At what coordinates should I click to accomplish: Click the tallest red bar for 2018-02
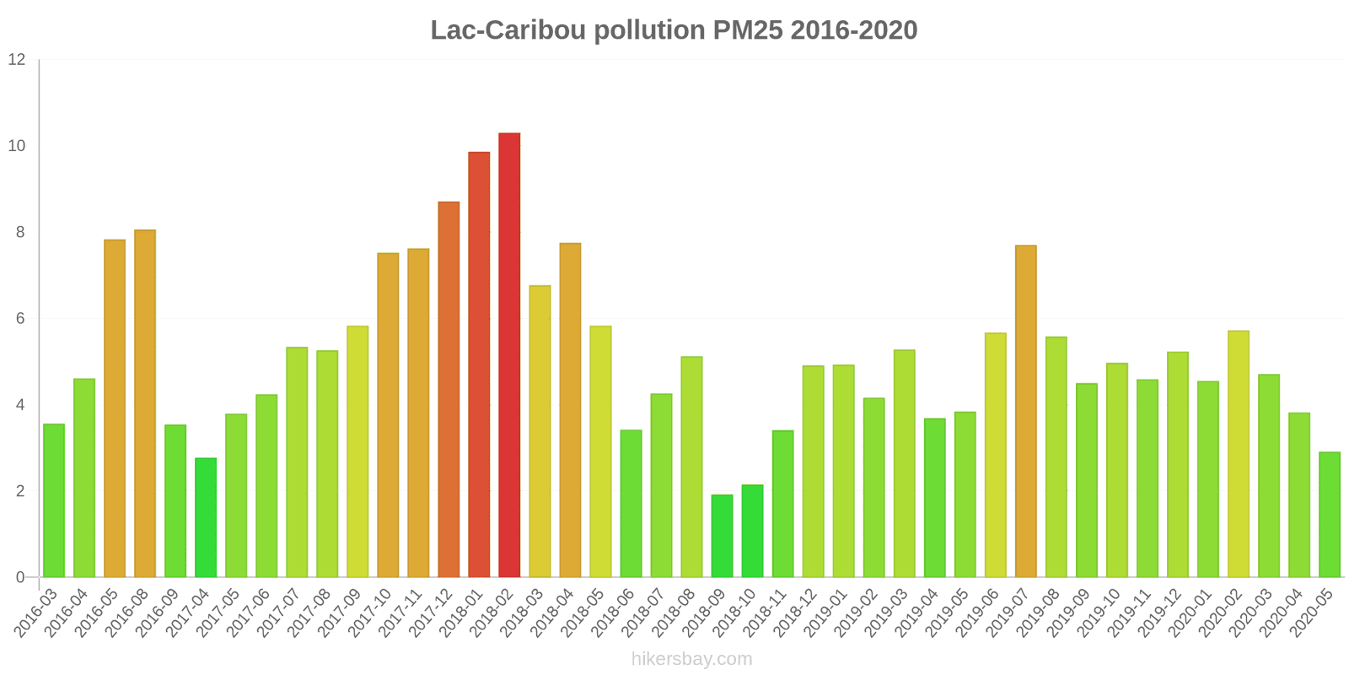point(509,354)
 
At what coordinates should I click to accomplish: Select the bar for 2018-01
point(479,364)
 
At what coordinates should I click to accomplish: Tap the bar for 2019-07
point(1025,411)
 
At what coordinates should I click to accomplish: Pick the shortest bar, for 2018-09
point(722,536)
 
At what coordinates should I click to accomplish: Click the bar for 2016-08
point(145,403)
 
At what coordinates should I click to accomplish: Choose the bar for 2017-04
point(206,517)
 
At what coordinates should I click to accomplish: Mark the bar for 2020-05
point(1330,515)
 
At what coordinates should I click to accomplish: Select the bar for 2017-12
point(449,389)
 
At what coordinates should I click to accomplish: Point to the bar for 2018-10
point(752,531)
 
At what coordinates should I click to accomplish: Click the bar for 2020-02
point(1239,454)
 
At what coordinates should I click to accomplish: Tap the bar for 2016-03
point(54,500)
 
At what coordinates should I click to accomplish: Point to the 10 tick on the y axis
point(17,146)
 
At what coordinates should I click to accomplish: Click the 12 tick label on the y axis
point(17,60)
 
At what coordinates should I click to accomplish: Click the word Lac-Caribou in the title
point(508,30)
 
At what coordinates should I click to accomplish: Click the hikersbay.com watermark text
point(691,659)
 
